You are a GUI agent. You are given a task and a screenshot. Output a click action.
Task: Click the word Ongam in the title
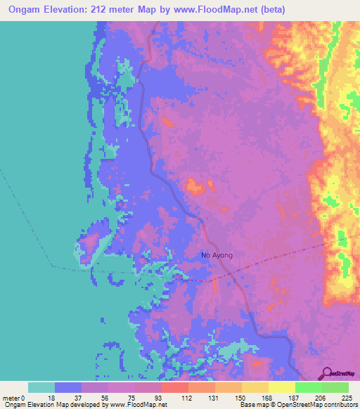22,9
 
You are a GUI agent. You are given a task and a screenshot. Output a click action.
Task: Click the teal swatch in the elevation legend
41,387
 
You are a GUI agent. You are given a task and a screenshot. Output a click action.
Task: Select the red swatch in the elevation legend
174,387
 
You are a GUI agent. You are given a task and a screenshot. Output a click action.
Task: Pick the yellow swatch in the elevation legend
281,387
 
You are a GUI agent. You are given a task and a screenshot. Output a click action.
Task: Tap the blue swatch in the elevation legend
68,387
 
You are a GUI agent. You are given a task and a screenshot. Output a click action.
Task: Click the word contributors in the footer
342,405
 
